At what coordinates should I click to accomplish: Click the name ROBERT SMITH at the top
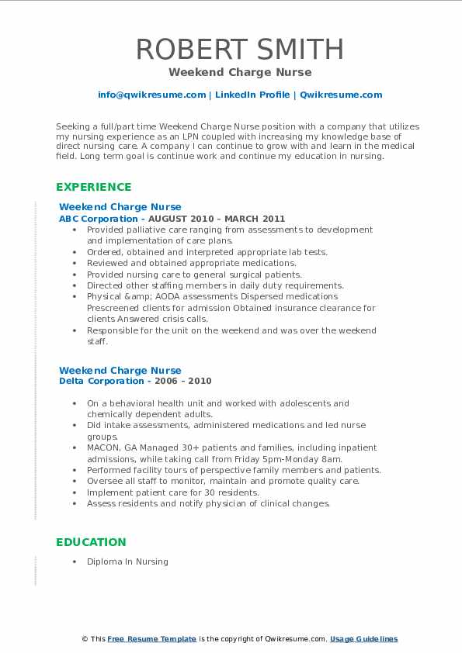coord(239,49)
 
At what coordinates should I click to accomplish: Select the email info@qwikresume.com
coord(151,95)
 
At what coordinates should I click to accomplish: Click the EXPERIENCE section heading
coord(93,187)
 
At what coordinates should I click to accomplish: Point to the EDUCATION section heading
coord(91,542)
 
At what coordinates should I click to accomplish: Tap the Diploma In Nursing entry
coord(127,561)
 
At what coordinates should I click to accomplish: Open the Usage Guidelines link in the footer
coord(363,639)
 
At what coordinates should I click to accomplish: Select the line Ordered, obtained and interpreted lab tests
coord(207,252)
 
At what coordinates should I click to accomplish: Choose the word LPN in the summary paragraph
coord(201,135)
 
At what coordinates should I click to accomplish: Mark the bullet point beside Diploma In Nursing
coord(73,561)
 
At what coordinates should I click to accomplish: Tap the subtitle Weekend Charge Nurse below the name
coord(239,72)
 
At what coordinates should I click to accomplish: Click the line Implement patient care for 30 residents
coord(172,492)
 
